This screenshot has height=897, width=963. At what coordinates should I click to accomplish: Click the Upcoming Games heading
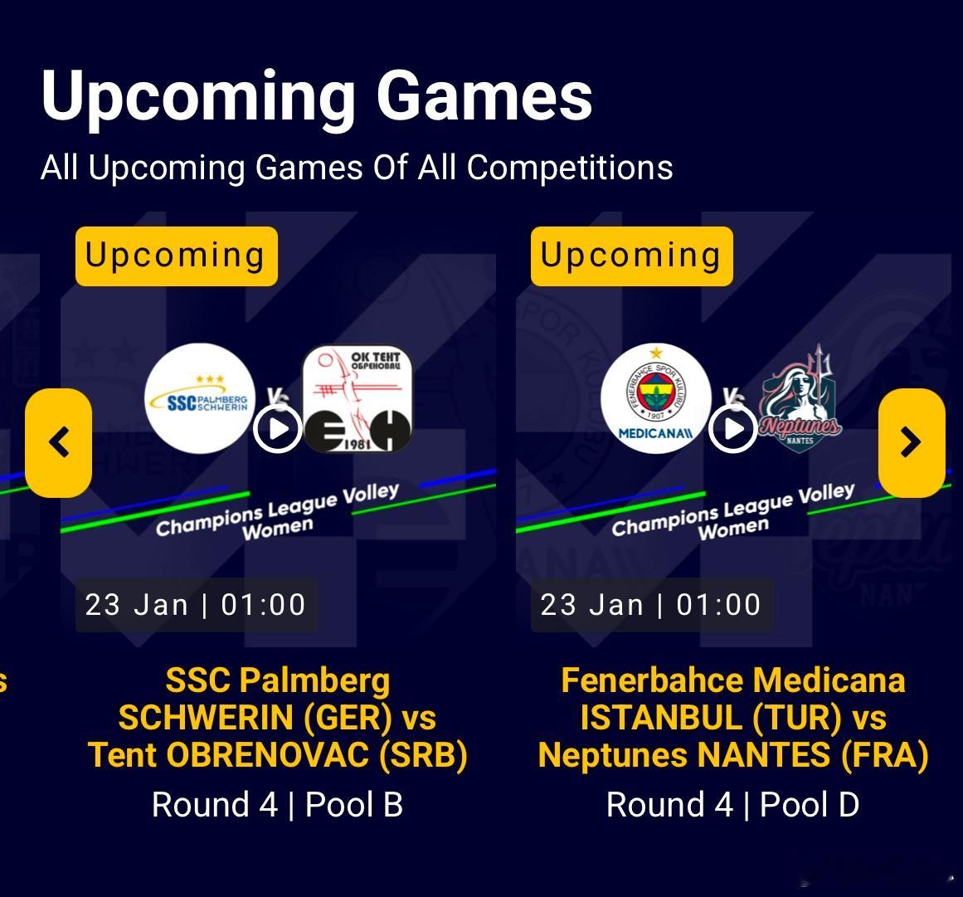click(x=317, y=97)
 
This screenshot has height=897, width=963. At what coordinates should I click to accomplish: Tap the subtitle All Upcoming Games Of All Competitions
click(x=357, y=167)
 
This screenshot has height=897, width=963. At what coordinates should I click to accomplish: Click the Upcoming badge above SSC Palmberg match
click(x=177, y=256)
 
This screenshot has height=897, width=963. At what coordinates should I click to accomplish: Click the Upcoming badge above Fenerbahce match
click(x=632, y=256)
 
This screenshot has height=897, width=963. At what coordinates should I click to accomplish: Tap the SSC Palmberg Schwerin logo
click(x=200, y=399)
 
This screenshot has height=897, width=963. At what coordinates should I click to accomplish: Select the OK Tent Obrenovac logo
click(x=357, y=399)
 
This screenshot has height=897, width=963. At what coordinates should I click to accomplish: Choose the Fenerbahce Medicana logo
click(x=656, y=399)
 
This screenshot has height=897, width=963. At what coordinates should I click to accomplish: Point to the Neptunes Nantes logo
click(x=800, y=399)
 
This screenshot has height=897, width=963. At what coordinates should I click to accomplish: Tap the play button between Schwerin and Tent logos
click(x=278, y=429)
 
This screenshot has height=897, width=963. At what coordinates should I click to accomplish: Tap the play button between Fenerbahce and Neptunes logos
click(x=732, y=429)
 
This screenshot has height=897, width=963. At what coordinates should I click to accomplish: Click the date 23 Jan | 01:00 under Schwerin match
click(x=195, y=605)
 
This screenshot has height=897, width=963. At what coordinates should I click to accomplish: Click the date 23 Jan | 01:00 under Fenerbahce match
click(x=651, y=605)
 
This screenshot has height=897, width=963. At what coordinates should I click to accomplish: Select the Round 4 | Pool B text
click(x=278, y=804)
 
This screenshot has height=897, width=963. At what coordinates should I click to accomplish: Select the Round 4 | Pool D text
click(x=732, y=804)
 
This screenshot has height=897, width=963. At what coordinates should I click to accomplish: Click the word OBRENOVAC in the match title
click(x=267, y=755)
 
